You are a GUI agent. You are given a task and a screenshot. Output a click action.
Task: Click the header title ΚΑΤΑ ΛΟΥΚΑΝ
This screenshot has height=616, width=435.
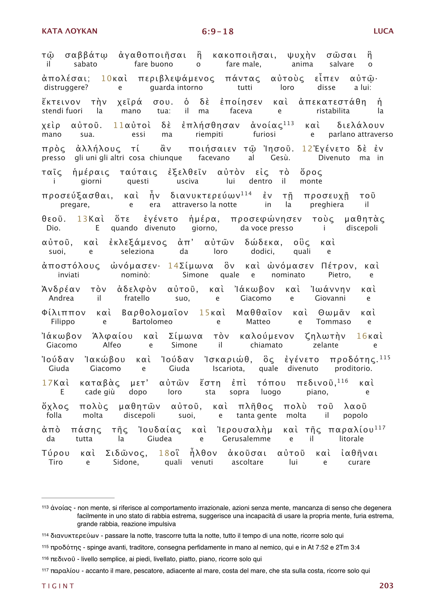(70, 31)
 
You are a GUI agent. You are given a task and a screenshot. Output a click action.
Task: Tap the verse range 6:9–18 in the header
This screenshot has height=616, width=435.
(217, 31)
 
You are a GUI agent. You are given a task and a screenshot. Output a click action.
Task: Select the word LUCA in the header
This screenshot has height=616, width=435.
(383, 31)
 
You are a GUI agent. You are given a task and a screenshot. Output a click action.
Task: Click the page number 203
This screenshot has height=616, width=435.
(386, 586)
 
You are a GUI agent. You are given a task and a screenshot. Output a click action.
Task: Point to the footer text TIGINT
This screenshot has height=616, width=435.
(58, 586)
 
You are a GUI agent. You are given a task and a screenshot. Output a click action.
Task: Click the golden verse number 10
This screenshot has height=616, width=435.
(106, 79)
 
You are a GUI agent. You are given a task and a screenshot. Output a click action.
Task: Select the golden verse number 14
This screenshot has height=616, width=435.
(173, 266)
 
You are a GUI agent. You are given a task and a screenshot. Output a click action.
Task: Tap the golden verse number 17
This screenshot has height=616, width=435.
(47, 383)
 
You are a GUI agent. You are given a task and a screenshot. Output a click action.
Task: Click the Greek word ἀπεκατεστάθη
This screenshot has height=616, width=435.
(332, 102)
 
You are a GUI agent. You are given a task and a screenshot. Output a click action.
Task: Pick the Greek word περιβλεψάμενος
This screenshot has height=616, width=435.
(176, 79)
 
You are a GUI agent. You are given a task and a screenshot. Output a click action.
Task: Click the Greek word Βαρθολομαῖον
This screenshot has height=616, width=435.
(155, 313)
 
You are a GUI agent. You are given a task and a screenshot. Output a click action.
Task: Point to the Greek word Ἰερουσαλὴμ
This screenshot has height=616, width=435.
(245, 430)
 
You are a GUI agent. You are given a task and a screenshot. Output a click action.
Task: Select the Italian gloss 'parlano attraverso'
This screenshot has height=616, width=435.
(361, 134)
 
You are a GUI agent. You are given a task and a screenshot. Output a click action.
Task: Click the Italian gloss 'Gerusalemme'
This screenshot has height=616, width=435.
(246, 439)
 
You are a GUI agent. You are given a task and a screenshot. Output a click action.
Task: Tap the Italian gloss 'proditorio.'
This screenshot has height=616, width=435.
(353, 368)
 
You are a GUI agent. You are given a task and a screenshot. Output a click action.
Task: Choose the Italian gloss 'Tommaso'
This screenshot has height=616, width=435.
(333, 322)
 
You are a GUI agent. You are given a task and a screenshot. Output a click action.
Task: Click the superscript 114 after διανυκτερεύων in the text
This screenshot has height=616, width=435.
(246, 193)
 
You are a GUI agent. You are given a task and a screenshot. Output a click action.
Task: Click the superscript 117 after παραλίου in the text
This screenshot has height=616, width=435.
(380, 428)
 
